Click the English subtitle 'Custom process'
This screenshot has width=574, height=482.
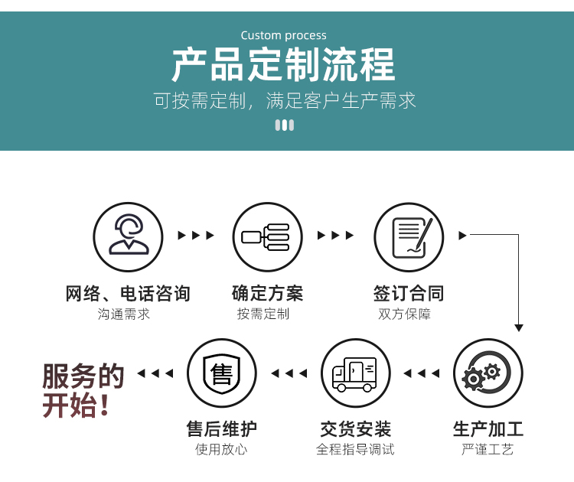tap(283, 35)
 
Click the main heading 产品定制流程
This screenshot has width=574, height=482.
tap(283, 65)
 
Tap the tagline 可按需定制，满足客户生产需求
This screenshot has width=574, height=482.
tap(285, 101)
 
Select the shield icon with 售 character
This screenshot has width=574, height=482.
tap(222, 373)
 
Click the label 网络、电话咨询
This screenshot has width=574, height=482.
tap(128, 294)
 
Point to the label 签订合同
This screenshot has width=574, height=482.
tap(409, 294)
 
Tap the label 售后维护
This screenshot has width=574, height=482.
tap(222, 429)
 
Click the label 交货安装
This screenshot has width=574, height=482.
tap(355, 429)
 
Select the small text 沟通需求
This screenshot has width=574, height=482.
tap(124, 314)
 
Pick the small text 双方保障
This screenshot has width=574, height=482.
tap(405, 314)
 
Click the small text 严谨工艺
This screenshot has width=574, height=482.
tap(488, 449)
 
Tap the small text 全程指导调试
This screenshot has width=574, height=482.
tap(355, 449)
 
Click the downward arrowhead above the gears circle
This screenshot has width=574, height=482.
tap(518, 328)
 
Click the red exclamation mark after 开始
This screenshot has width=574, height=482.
tap(105, 405)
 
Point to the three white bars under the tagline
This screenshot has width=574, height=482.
tap(285, 125)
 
